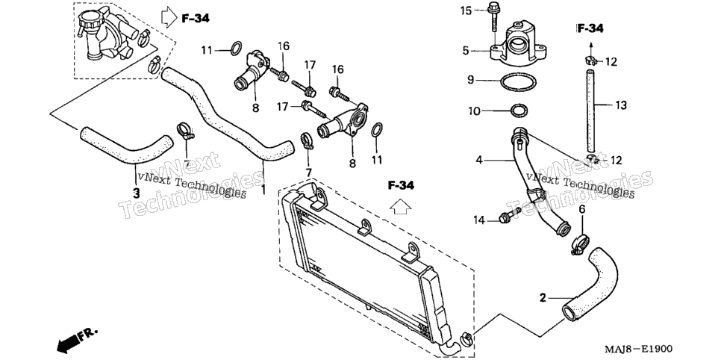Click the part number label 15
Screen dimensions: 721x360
click(466, 10)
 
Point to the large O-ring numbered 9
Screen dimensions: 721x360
click(518, 82)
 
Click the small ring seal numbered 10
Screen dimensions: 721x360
click(519, 111)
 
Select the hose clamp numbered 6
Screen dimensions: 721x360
click(580, 244)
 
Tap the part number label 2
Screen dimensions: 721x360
click(543, 298)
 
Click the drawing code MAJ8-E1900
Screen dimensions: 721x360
click(637, 350)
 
